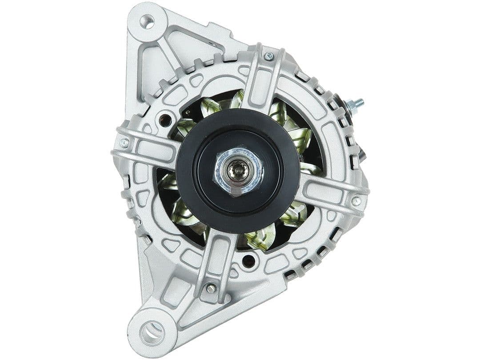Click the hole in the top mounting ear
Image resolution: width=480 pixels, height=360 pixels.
(x=147, y=20)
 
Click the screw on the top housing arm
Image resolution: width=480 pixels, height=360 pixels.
(x=268, y=56)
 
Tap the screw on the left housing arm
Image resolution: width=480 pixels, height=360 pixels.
(x=124, y=143)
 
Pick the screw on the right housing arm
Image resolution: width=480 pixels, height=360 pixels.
(x=356, y=201)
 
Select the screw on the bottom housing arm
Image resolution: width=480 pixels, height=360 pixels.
(x=211, y=288)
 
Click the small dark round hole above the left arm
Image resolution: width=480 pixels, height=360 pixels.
(x=165, y=119)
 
